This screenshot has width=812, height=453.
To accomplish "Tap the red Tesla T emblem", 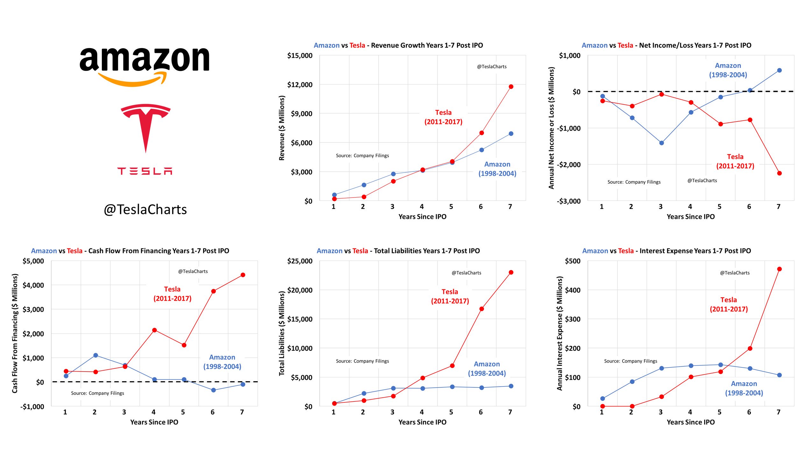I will tap(146, 127).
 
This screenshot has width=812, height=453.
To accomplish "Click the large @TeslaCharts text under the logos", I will tap(145, 210).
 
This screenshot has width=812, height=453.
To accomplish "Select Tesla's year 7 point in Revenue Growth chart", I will tap(511, 87).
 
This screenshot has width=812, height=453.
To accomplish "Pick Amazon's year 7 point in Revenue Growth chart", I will tap(511, 134).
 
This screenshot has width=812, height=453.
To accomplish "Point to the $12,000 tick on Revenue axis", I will tap(300, 85).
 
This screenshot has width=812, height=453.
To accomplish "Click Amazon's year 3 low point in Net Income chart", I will tap(661, 143).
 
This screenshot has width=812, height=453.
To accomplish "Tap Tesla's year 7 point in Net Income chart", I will tap(779, 173).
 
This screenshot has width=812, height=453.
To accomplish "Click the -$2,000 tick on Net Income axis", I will tap(568, 165).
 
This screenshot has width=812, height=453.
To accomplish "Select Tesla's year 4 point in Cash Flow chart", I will tap(154, 330).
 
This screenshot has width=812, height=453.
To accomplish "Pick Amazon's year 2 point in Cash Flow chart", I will tap(96, 355).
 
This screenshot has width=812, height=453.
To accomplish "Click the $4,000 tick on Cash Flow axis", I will tap(33, 285).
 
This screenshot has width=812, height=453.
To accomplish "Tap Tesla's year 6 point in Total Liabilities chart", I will tap(481, 309).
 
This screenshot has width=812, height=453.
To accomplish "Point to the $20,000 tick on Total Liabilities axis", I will tap(300, 290).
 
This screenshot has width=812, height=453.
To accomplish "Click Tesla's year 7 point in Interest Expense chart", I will tap(779, 269).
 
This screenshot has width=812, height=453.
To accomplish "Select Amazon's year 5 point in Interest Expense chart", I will tap(720, 365).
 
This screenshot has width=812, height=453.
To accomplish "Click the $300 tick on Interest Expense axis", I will tap(572, 319).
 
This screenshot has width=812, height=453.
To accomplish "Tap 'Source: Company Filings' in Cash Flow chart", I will tap(97, 393).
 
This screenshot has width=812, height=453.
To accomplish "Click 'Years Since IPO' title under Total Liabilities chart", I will tap(422, 422).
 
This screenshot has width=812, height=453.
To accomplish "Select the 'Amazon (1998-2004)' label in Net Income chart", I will tap(728, 70).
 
